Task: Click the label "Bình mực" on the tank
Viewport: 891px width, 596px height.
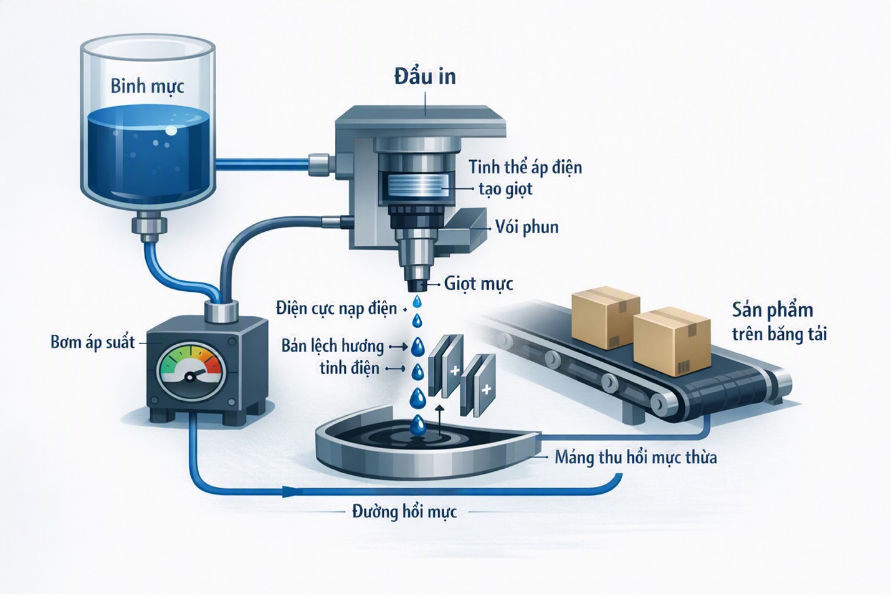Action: pos(147,86)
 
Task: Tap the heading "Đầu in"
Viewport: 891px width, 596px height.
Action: pos(425,77)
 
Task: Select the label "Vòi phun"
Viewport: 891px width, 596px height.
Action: pos(527,227)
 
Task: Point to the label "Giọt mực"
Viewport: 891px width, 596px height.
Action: pos(479,284)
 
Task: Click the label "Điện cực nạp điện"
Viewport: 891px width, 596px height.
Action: pos(336,309)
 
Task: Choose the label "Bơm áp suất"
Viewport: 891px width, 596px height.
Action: pos(93,342)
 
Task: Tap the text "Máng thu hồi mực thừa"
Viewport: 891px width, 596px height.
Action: pos(636,458)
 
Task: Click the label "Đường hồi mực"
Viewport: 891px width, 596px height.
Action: pos(404,512)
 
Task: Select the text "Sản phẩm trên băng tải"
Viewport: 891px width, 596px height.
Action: pos(779,322)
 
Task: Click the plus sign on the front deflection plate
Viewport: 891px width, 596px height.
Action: pos(486,390)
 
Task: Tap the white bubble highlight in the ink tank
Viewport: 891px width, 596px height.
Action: pos(171,130)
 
